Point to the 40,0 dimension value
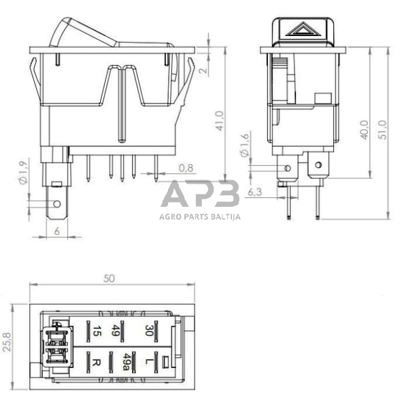pos(365,129)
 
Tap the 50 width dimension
pos(109,278)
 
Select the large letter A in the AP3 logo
pos(176,195)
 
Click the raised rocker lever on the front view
pos(85,31)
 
